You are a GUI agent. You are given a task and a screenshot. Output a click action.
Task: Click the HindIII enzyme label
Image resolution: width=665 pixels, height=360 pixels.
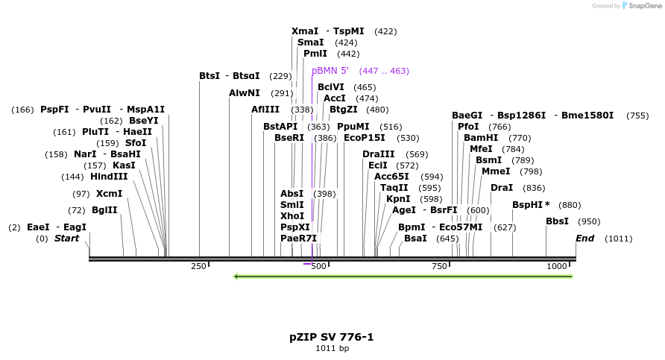pos(109,177)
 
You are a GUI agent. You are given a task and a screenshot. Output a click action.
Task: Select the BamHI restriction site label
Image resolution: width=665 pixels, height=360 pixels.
pos(481,138)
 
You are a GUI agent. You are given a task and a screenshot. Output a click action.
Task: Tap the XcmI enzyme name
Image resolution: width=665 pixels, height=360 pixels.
pos(109,193)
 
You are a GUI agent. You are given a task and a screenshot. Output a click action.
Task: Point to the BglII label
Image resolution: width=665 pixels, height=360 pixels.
pos(104,210)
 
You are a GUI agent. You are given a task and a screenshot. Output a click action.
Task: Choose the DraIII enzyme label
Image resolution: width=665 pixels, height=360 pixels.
pos(378,154)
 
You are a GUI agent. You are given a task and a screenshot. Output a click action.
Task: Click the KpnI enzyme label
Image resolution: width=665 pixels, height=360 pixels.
pos(398,199)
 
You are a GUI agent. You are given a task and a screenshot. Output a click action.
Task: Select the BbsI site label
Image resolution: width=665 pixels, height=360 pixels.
pos(558,221)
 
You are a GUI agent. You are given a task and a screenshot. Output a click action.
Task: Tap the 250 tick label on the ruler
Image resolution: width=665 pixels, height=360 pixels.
pos(198,266)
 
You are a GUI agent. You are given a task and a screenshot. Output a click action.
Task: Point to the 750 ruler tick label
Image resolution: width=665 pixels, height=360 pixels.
pos(439,266)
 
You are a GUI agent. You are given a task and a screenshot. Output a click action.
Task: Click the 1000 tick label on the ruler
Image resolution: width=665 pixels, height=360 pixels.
pos(557,266)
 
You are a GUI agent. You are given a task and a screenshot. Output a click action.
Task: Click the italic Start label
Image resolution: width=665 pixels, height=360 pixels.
pos(66,239)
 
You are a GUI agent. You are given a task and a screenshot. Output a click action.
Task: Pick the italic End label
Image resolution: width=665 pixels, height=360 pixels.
pos(584,239)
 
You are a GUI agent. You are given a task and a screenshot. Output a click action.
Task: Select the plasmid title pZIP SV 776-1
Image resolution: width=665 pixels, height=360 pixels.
pos(332,337)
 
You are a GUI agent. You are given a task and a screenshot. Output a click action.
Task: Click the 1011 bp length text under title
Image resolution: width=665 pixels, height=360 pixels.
pos(332,349)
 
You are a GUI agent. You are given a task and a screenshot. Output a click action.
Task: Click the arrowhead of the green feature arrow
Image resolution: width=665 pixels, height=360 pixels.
pos(236,277)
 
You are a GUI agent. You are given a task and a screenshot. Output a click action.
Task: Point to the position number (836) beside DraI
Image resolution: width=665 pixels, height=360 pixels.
pos(534,188)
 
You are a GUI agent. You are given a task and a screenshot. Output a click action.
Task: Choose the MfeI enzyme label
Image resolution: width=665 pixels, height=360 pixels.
pos(481,149)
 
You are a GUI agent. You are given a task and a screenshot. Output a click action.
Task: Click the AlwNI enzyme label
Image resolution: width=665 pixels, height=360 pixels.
pos(245,93)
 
